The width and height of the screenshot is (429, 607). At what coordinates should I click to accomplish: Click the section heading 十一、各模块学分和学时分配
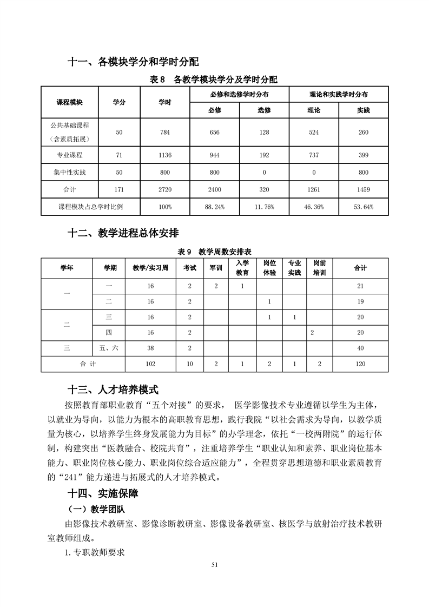click(129, 62)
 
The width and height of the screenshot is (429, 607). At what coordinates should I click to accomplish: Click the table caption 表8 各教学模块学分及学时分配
click(214, 80)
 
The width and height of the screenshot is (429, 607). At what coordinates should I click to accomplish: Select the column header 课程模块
click(69, 102)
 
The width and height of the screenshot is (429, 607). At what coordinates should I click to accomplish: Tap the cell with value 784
click(165, 133)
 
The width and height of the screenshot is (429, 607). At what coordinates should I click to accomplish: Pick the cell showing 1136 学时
click(165, 155)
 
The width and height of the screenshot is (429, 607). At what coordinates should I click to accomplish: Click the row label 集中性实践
click(69, 173)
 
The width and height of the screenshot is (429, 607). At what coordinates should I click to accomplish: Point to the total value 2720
click(165, 190)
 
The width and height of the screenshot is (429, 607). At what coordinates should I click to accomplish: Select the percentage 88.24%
click(214, 207)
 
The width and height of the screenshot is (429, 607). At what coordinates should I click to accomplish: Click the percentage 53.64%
click(363, 207)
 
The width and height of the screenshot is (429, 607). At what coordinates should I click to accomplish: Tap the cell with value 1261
click(313, 190)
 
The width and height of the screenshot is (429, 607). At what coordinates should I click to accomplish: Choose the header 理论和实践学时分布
click(339, 94)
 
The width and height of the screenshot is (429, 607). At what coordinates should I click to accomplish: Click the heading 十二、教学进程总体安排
click(123, 233)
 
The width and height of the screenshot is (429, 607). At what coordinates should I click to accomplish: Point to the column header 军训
click(215, 268)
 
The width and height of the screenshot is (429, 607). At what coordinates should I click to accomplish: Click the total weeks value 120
click(360, 364)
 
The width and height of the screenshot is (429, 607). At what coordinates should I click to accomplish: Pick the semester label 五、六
click(109, 348)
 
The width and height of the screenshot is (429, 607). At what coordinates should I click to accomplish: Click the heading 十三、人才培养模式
click(113, 390)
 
